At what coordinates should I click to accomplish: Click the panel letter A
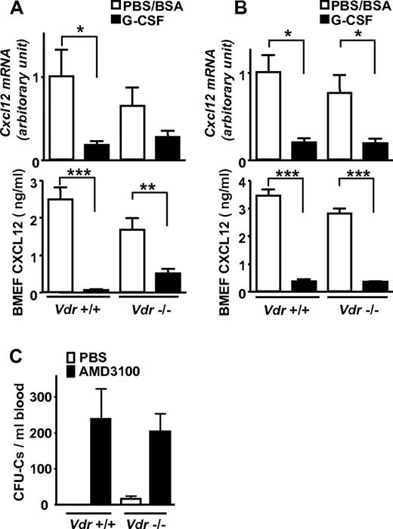point(10,10)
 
